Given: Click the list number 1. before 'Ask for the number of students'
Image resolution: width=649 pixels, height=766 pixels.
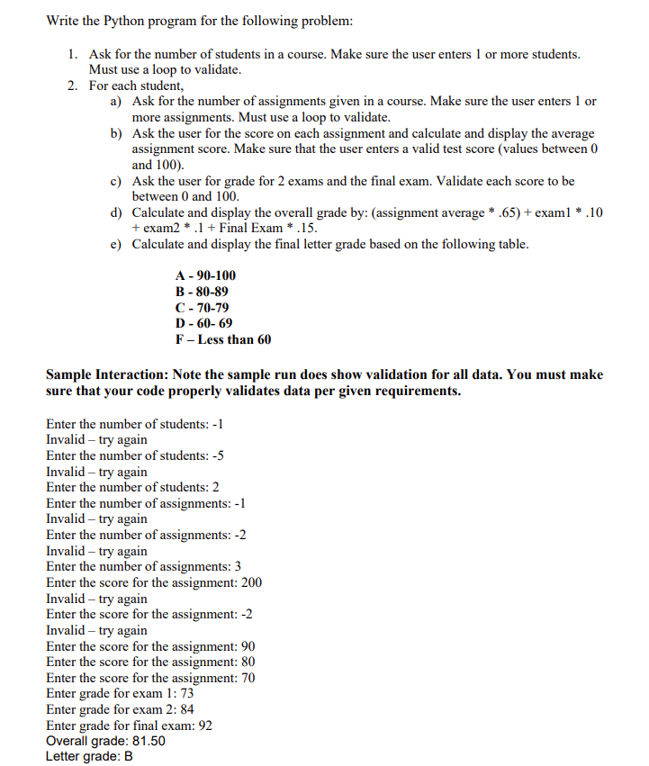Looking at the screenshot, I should (73, 54).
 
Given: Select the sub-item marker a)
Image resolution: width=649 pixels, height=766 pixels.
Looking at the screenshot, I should (116, 102).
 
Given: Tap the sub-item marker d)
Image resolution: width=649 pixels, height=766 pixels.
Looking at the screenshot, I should (116, 213).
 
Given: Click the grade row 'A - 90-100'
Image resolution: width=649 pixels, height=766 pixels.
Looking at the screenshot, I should (205, 275).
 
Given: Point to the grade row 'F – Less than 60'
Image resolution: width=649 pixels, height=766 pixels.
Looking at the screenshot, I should (222, 340).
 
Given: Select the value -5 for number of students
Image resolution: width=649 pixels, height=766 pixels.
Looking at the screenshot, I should (216, 455).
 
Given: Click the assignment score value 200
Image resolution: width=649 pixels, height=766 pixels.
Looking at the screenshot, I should (251, 582).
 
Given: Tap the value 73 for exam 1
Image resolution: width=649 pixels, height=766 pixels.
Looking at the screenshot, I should (186, 694).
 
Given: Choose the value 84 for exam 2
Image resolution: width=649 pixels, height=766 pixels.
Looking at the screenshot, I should (187, 709).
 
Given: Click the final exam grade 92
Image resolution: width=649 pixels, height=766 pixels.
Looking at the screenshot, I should (204, 725).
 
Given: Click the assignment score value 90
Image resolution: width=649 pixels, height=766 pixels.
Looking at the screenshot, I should (248, 646).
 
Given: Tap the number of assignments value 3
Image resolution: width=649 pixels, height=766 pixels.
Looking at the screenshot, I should (237, 566).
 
